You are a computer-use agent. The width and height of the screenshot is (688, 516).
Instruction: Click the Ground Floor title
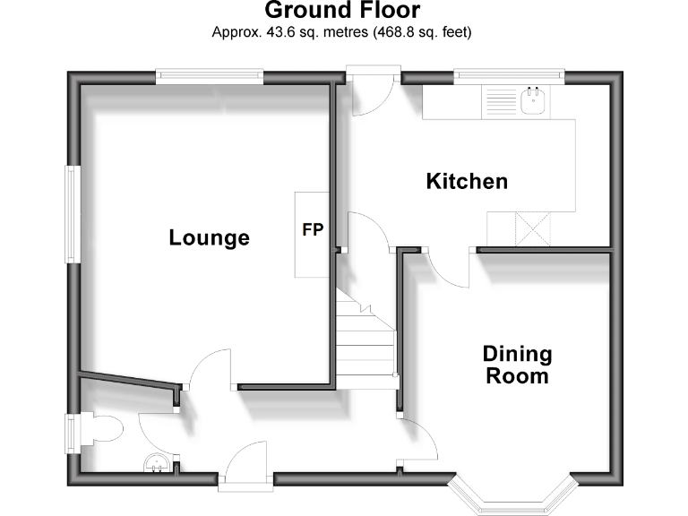point(343,11)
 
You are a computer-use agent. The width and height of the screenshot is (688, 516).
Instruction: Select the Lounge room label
point(209,238)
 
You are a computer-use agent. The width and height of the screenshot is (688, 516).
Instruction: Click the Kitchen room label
point(466,182)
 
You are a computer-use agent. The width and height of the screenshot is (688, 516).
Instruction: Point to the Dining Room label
point(517,365)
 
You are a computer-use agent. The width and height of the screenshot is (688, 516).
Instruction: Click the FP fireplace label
point(312,229)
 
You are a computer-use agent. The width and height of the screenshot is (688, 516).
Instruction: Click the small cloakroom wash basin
point(156,463)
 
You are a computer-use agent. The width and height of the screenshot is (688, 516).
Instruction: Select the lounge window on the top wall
point(209,77)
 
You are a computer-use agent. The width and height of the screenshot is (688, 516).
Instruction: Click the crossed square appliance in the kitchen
point(533,228)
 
